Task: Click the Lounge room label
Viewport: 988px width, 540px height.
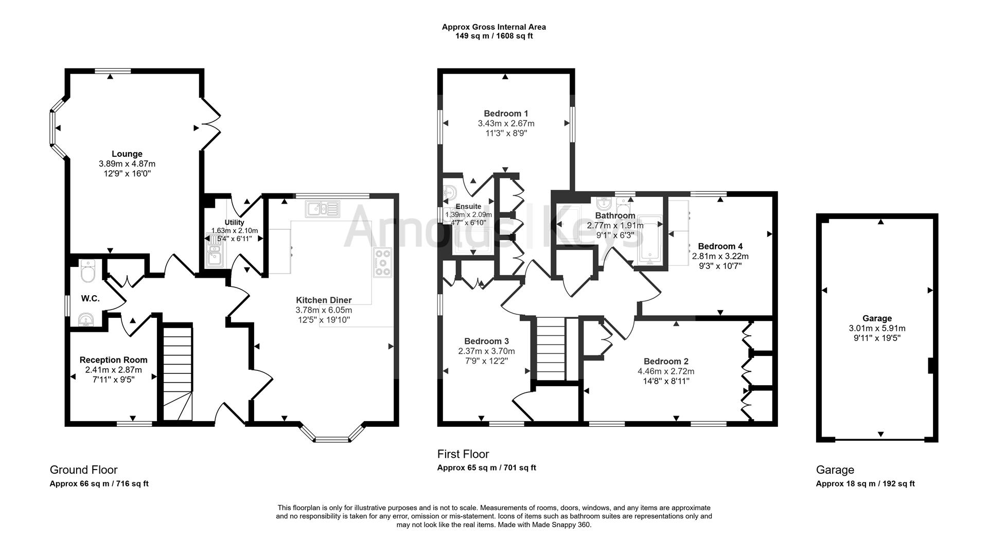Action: (127, 154)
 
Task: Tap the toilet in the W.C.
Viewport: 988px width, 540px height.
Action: (89, 271)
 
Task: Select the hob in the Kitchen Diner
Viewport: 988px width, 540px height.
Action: (383, 263)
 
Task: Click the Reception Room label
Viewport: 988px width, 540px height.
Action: (114, 360)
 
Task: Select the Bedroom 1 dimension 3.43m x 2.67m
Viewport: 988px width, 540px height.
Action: (506, 123)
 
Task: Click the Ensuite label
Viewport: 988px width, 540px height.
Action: (468, 207)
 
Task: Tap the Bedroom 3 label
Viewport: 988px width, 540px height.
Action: (486, 341)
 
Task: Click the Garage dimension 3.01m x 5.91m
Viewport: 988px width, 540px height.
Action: (877, 328)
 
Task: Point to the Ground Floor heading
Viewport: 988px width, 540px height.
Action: (83, 470)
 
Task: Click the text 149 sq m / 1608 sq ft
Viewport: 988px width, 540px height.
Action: (494, 36)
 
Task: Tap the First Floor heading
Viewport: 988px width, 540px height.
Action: (463, 454)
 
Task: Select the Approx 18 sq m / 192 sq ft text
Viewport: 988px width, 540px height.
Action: (866, 483)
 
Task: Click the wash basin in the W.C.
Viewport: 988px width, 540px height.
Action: (86, 320)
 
